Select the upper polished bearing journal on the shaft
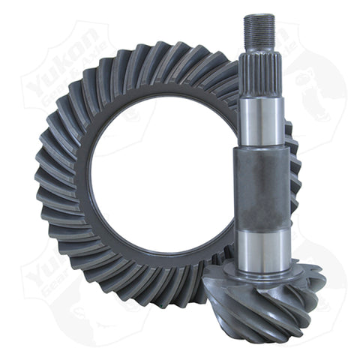262,120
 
